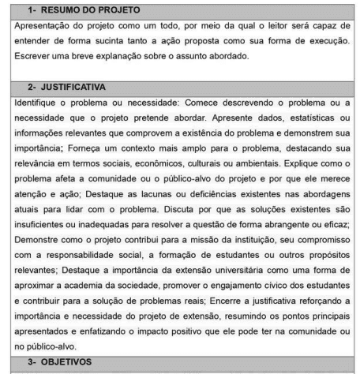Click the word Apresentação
coord(38,26)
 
